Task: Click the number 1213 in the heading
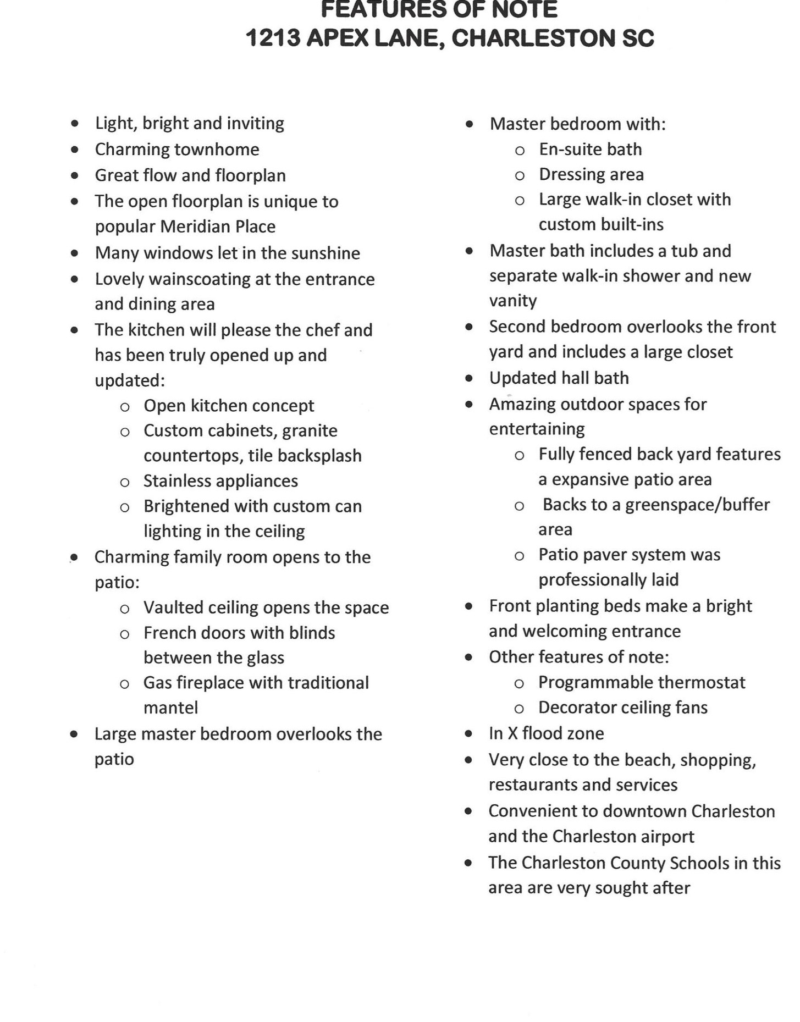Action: [x=273, y=38]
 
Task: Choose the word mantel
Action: [x=170, y=708]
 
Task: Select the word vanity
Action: [x=513, y=301]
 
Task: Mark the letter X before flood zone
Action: [x=512, y=733]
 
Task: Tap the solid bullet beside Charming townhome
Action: [x=75, y=150]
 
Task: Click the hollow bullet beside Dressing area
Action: [x=520, y=175]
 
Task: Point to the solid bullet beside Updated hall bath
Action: [x=469, y=378]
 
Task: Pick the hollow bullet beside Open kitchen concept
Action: [x=125, y=407]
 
